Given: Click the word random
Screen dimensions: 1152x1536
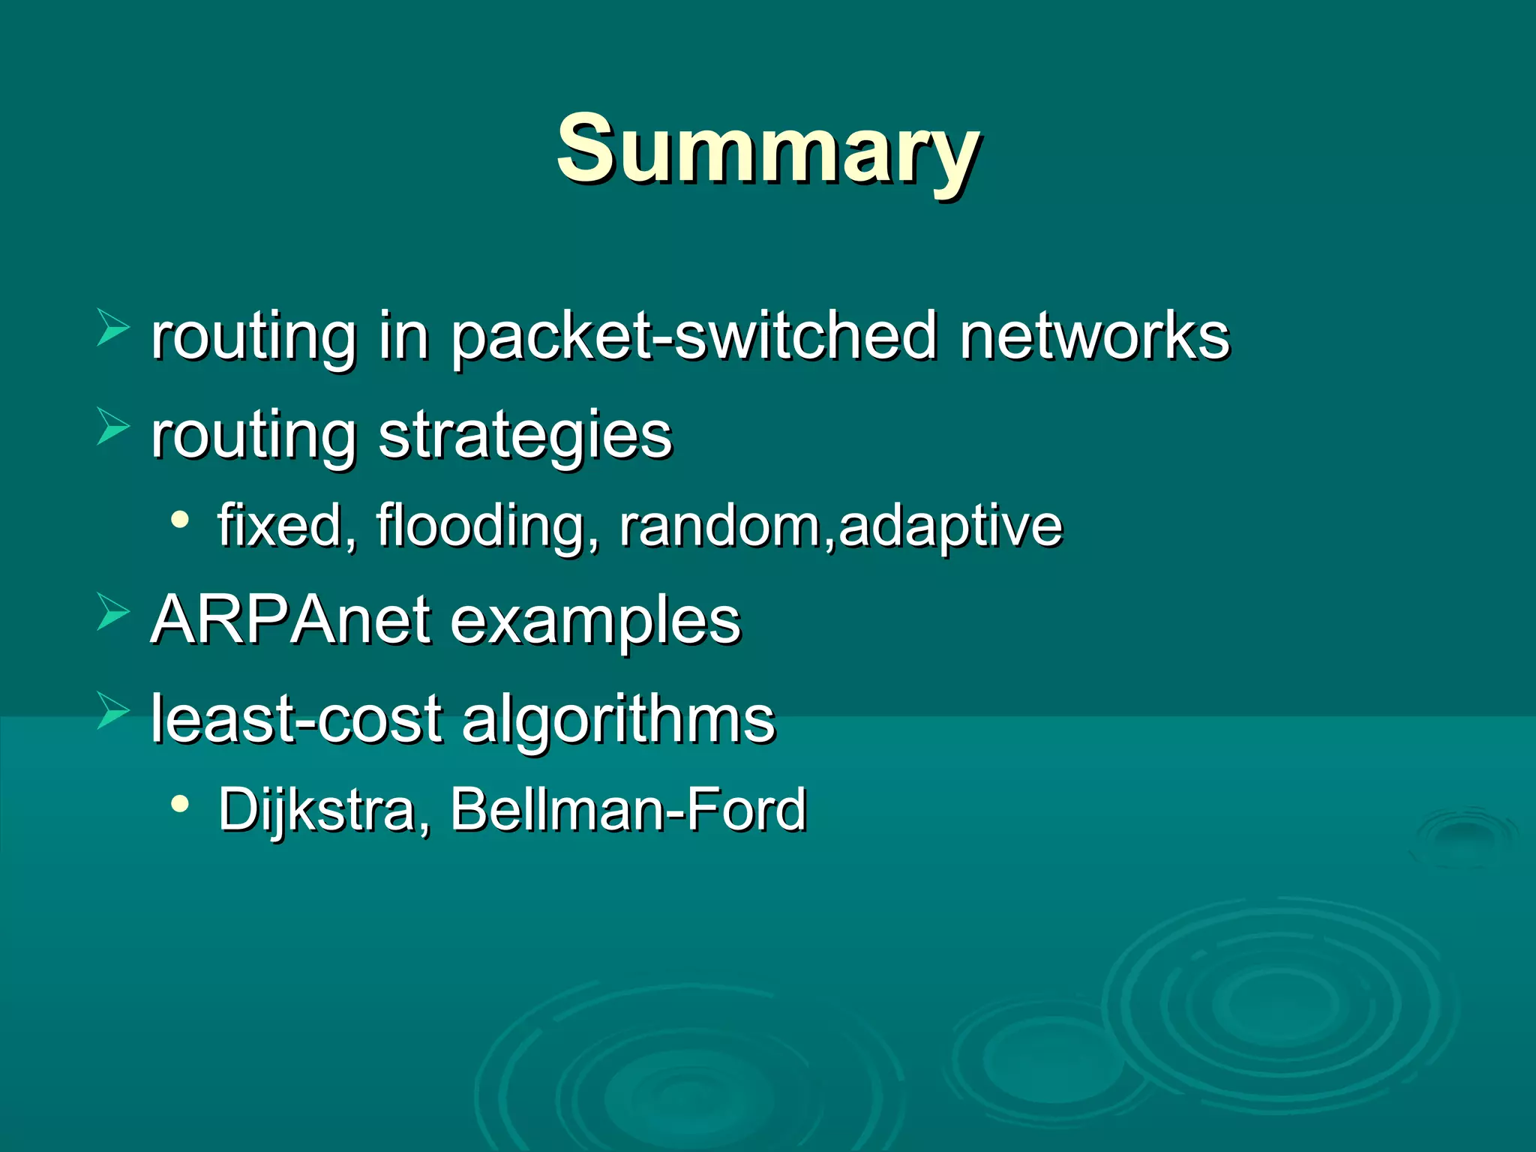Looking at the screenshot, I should (720, 526).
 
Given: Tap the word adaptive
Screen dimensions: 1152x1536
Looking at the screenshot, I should (950, 526).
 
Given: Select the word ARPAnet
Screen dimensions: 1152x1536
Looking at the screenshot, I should (291, 620).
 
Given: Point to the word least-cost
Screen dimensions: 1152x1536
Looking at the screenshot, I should (296, 718).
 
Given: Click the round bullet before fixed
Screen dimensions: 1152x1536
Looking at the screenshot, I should (179, 519).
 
